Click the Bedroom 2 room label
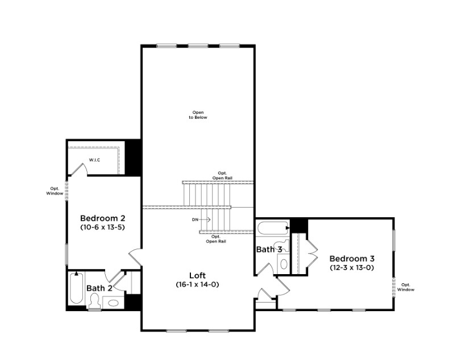[x=102, y=218]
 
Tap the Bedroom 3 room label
[x=352, y=258]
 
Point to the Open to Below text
[x=198, y=115]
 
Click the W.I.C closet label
[x=94, y=160]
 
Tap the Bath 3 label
[x=269, y=250]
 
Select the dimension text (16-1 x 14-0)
[x=197, y=284]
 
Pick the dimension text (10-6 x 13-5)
[x=102, y=227]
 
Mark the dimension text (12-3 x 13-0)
[x=352, y=267]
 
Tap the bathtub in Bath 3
[x=272, y=229]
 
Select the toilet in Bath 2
[x=94, y=303]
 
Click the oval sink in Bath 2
[x=114, y=303]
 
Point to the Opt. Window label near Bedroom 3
[x=406, y=287]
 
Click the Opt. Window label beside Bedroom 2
[x=55, y=191]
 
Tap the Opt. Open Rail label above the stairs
[x=222, y=175]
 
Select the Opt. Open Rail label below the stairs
[x=216, y=239]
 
